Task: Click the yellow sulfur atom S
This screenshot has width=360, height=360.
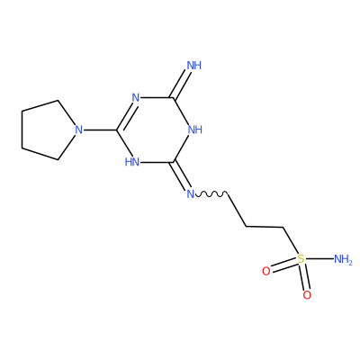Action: click(x=301, y=258)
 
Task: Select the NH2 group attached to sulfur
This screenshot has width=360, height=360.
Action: click(x=343, y=259)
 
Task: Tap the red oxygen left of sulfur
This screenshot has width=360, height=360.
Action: click(x=266, y=271)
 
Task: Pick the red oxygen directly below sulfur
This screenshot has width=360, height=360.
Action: click(x=307, y=295)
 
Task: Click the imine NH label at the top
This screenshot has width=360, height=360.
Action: click(x=194, y=66)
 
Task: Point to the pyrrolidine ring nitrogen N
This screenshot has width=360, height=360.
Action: click(x=78, y=130)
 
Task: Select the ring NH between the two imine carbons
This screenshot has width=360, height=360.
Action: click(x=195, y=130)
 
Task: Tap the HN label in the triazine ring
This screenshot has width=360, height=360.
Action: click(x=132, y=162)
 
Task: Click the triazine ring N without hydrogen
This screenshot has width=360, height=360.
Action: click(x=136, y=97)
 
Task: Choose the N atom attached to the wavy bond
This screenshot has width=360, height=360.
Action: click(x=191, y=193)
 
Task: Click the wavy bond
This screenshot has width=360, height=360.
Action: click(x=211, y=194)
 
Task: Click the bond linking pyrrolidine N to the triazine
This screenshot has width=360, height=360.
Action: click(x=100, y=130)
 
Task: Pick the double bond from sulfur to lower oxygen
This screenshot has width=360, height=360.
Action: click(x=303, y=277)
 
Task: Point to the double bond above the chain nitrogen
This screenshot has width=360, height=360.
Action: click(x=181, y=175)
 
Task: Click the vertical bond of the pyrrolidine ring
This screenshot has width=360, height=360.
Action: click(x=22, y=130)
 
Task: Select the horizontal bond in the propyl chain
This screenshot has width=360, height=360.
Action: click(x=265, y=227)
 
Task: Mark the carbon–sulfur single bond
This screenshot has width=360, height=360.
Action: click(x=291, y=240)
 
